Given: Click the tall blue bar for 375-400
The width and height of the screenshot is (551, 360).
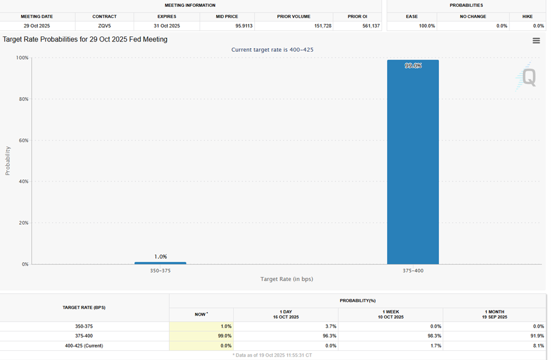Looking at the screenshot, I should (x=413, y=165).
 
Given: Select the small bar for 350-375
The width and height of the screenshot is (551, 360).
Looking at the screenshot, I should (x=160, y=263).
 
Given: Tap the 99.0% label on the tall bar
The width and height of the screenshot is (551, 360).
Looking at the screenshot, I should (x=413, y=66).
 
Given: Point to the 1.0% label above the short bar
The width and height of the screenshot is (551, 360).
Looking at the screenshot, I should (x=160, y=256).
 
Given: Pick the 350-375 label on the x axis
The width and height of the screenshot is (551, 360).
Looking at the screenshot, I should (x=160, y=271).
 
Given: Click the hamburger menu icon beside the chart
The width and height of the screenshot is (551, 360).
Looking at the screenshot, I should (x=536, y=40).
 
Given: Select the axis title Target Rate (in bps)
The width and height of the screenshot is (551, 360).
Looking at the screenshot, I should (x=287, y=279).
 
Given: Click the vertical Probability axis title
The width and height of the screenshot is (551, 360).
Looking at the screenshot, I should (x=8, y=161).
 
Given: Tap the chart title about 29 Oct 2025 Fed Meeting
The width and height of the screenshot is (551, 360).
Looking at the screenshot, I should (x=85, y=40).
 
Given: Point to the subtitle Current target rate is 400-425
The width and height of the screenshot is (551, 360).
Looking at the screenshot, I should (x=272, y=50).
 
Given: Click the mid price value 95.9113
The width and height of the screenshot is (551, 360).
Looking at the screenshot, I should (x=244, y=26).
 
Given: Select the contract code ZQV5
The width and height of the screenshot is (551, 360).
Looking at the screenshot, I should (x=104, y=26).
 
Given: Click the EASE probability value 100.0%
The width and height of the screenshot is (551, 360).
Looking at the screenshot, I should (x=427, y=26).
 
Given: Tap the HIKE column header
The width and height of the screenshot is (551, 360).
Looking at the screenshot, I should (x=528, y=16).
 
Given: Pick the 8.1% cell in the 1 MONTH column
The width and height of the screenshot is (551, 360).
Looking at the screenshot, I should (x=537, y=345).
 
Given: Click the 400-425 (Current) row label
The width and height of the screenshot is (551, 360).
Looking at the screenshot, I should (x=84, y=345).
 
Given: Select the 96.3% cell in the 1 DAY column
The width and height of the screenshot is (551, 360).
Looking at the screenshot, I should (x=329, y=336).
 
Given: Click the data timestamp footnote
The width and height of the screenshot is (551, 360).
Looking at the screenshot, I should (x=272, y=355).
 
